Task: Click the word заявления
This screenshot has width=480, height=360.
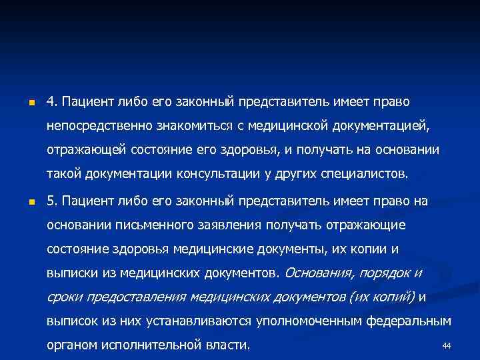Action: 218,225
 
